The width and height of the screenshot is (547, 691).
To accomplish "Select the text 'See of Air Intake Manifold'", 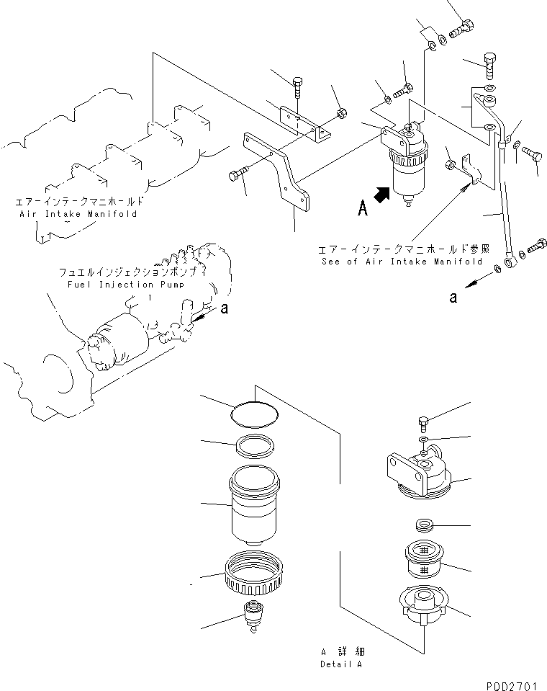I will [x=402, y=262].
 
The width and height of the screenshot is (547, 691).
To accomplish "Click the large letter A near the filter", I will [x=364, y=209].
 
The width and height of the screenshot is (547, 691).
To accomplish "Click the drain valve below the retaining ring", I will [x=253, y=615].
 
